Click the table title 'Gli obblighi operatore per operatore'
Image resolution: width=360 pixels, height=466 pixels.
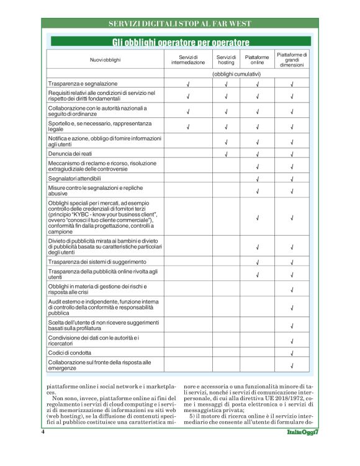click(180, 42)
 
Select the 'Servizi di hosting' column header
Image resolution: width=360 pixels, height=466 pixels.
click(226, 60)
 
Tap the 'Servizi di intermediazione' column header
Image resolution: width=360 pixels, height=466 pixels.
click(187, 60)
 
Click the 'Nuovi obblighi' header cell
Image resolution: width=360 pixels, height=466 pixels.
click(105, 60)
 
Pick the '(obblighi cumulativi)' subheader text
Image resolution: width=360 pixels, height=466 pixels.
click(236, 74)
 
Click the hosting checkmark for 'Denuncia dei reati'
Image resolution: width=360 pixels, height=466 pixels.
click(226, 154)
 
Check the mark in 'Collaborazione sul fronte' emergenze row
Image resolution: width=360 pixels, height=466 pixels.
click(292, 365)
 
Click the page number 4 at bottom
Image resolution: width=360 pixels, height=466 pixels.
click(43, 431)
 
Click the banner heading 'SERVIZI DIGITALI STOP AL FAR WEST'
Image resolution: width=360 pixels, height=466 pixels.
click(179, 24)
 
